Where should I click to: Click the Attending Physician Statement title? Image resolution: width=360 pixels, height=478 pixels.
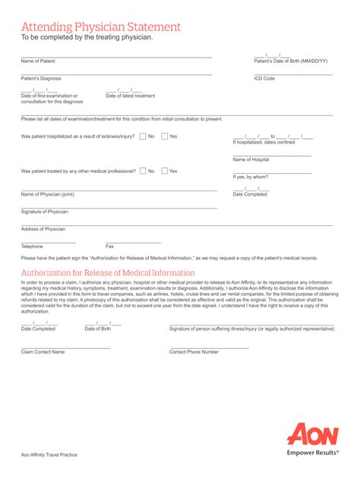(x=100, y=27)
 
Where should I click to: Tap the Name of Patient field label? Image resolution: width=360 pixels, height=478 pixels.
(x=38, y=61)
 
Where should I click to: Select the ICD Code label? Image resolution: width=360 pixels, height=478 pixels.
(x=264, y=78)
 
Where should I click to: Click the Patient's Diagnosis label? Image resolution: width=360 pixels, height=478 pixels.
(x=41, y=78)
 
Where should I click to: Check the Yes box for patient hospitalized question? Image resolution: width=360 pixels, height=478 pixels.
(x=164, y=137)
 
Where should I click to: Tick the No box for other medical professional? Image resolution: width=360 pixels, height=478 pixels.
(x=143, y=171)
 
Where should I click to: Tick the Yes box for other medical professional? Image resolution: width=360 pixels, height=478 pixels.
(x=164, y=171)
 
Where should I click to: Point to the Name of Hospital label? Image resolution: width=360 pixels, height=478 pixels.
(x=251, y=160)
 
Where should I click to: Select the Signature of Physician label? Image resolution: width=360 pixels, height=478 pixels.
(x=44, y=212)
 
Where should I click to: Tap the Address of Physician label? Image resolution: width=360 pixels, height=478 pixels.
(x=43, y=229)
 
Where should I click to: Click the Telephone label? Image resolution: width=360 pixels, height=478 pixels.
(x=32, y=247)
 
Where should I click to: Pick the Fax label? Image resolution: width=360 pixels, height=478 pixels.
(x=109, y=247)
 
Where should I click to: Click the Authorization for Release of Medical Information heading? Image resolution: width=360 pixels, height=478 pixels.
(x=108, y=273)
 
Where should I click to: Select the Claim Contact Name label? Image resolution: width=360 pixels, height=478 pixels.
(x=43, y=352)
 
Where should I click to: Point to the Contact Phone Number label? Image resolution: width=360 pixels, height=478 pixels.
(x=194, y=352)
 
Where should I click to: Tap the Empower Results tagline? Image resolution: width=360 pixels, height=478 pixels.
(x=312, y=452)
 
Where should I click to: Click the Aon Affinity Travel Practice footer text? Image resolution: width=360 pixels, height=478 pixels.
(x=49, y=455)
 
